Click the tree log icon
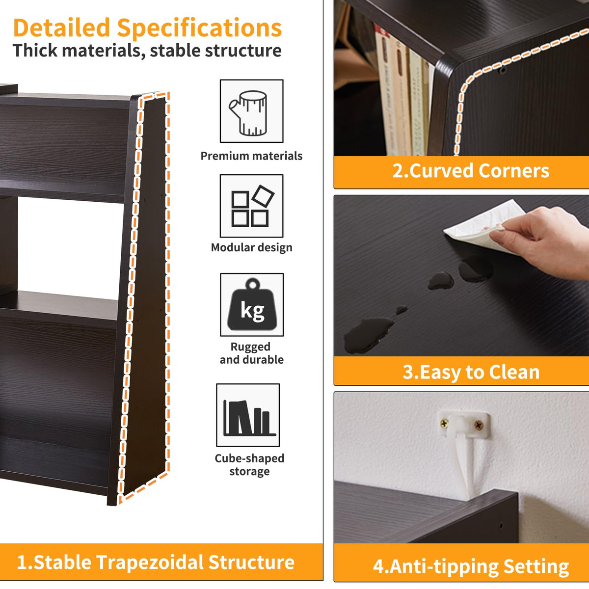point(248,113)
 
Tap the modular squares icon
point(253,206)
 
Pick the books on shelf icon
point(250,418)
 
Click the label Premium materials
point(251,156)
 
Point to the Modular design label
point(252,247)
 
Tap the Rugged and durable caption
point(252,353)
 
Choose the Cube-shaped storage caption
point(249,465)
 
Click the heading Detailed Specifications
point(147,28)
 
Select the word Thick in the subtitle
point(35,51)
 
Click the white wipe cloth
point(484,227)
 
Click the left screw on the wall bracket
point(444,424)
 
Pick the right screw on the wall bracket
point(479,425)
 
